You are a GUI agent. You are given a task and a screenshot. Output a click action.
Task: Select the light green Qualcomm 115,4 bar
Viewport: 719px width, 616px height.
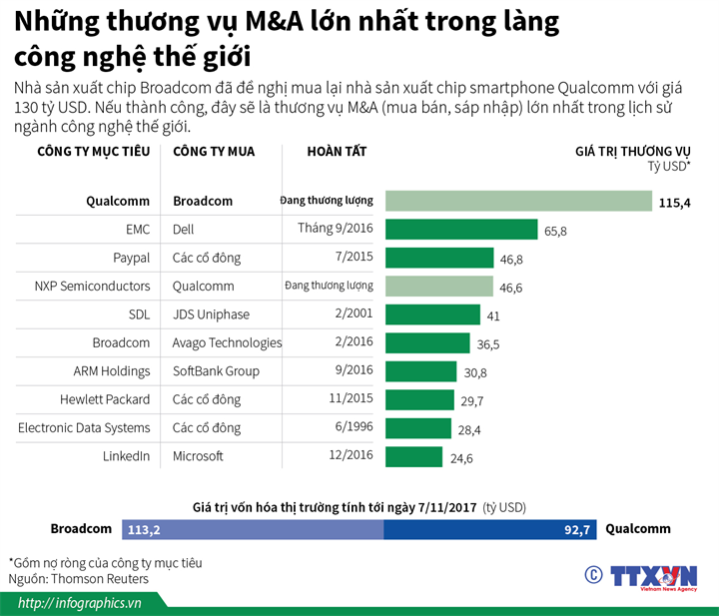[x=518, y=201]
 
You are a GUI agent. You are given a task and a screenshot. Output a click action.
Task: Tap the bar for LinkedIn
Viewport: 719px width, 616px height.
[x=413, y=456]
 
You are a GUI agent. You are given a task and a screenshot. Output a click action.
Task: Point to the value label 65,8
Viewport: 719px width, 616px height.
[x=555, y=231]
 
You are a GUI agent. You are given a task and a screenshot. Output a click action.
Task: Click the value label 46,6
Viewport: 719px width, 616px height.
[x=511, y=288]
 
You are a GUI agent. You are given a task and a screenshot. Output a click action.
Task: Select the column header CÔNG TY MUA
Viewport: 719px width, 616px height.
[x=214, y=152]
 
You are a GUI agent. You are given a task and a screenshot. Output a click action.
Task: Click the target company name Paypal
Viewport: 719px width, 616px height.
[x=131, y=258]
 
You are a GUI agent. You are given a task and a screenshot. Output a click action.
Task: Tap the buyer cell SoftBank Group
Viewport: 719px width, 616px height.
[x=216, y=371]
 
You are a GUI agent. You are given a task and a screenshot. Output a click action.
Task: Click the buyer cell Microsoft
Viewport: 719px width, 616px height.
[x=198, y=456]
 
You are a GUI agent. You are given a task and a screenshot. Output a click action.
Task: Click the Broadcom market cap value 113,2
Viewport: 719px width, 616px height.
[x=145, y=529]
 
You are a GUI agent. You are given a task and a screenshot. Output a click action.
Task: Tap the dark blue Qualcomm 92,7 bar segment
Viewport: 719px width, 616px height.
[x=489, y=529]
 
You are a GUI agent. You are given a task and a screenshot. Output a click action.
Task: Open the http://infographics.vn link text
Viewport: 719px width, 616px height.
[x=79, y=603]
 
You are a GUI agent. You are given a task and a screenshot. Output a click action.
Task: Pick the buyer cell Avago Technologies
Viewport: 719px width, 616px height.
[x=227, y=342]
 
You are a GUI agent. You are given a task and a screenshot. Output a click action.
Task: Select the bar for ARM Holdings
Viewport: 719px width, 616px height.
[x=423, y=371]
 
